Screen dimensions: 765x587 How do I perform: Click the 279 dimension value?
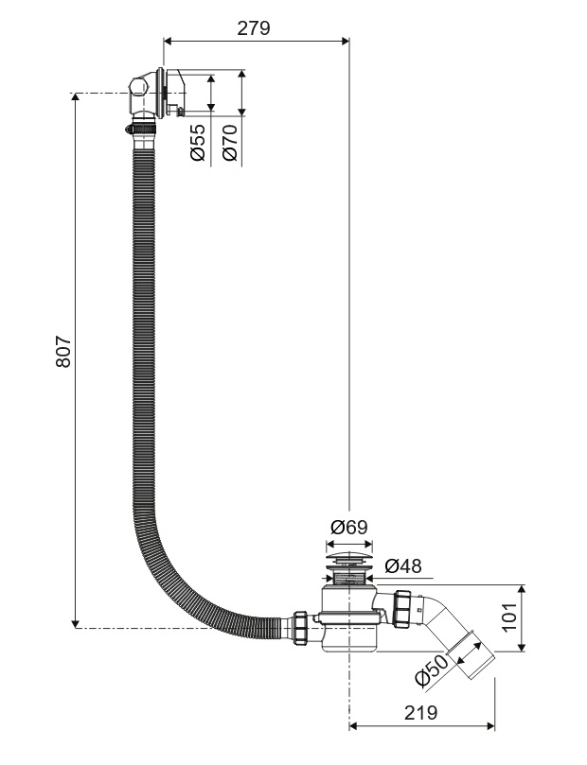click(253, 27)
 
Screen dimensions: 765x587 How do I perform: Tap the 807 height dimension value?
click(63, 353)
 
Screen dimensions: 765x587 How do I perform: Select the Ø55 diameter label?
click(198, 142)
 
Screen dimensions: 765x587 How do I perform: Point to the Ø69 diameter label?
click(348, 527)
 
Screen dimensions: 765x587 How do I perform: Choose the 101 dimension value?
click(508, 618)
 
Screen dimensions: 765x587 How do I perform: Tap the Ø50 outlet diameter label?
click(431, 673)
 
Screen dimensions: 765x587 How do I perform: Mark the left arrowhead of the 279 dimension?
click(169, 40)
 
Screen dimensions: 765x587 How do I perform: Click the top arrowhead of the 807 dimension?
click(75, 97)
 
